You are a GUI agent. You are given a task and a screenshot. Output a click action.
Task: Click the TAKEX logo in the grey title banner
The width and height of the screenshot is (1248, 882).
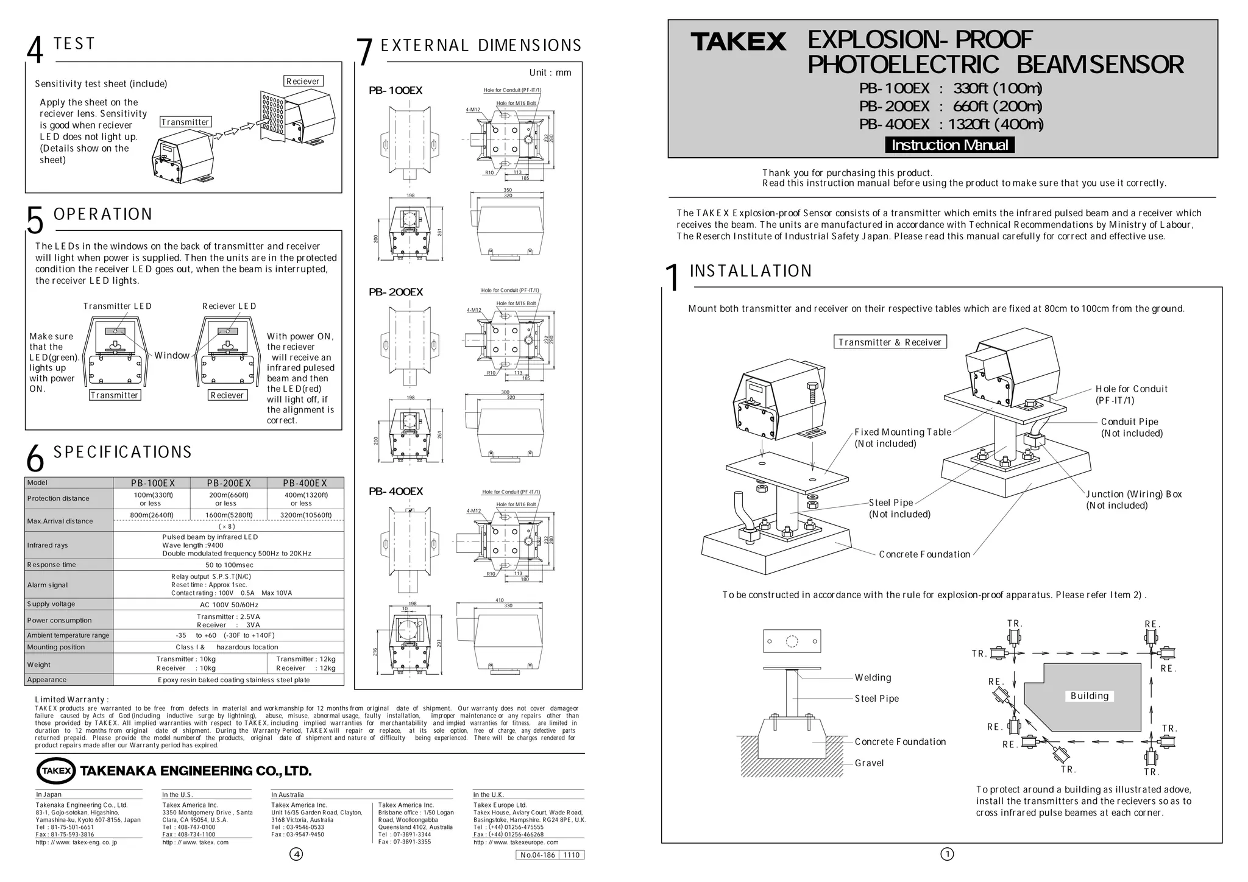[738, 42]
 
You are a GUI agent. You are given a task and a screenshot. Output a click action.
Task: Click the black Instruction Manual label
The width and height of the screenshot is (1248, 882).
[949, 145]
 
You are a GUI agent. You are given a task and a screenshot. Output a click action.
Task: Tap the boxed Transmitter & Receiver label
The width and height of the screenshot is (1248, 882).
[890, 342]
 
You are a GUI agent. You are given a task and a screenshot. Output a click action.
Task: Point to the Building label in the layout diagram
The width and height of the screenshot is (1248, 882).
[1090, 696]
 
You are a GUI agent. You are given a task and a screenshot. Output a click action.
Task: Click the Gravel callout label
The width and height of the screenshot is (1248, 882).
[869, 763]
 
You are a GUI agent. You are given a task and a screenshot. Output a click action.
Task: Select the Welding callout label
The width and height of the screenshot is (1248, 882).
[873, 677]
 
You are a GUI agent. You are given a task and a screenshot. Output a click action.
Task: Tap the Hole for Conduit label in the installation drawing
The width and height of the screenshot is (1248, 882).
[1131, 389]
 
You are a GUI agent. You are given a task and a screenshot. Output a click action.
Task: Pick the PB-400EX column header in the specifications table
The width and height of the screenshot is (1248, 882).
[305, 483]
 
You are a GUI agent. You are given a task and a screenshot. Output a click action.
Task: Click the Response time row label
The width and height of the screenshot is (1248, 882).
[52, 565]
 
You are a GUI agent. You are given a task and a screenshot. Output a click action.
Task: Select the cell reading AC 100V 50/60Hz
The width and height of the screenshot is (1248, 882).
[229, 605]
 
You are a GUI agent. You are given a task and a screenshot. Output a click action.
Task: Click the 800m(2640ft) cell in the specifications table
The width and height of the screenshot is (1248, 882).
[152, 515]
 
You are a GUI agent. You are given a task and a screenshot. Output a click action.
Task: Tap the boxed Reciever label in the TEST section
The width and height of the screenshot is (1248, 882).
[303, 82]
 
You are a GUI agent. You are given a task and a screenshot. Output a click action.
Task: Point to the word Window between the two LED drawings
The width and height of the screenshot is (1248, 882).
[171, 356]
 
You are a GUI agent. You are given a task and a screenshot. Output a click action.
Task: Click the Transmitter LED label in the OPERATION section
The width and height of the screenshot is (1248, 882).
[118, 306]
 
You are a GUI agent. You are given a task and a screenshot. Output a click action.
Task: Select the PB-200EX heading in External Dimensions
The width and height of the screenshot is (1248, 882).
[395, 292]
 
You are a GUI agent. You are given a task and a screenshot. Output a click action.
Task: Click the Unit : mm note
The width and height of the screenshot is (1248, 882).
[550, 73]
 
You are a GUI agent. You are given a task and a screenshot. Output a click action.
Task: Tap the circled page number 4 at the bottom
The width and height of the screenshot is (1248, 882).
[296, 854]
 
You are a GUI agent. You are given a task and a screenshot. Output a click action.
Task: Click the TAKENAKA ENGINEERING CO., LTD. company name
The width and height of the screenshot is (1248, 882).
[196, 771]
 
